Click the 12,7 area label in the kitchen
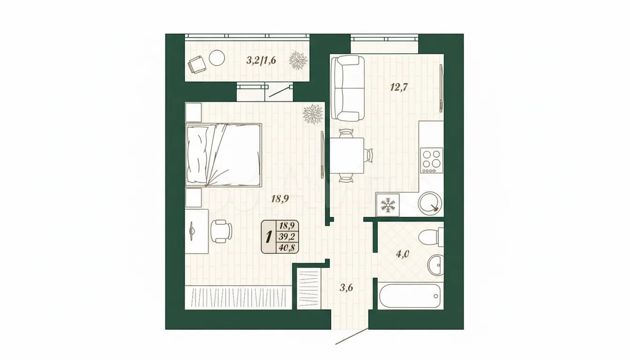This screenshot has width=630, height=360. coord(399,88)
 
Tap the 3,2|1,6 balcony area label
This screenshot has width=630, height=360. coord(261,60)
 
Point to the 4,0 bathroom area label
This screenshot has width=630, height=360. coord(402,254)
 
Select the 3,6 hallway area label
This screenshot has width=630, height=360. coord(346,288)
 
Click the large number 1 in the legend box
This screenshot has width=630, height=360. coord(269,237)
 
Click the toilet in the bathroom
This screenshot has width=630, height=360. coord(431,237)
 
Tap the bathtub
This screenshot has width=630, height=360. coord(410,296)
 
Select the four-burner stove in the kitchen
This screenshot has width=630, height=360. coord(432,160)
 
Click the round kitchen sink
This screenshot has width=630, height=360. coord(430,203)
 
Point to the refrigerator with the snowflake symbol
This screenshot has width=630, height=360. coord(388,205)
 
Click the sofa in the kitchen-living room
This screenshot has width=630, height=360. coord(348,88)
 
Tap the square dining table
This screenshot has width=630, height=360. coord(347,156)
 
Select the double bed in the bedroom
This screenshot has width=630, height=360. coord(223,155)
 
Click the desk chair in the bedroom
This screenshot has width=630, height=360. coord(221,231)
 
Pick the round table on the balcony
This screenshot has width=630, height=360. coord(217,58)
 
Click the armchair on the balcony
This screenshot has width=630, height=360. coord(196,64)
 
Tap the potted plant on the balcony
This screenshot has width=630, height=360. coord(299,60)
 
